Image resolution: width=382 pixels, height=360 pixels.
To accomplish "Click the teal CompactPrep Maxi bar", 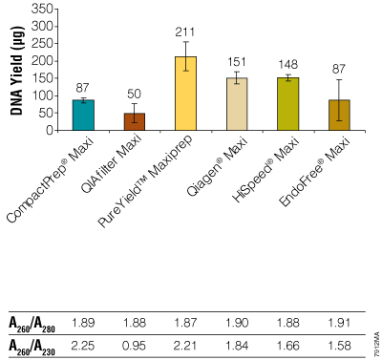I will coord(83,115).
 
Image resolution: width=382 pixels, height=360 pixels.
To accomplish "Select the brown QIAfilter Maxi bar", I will coord(135,121).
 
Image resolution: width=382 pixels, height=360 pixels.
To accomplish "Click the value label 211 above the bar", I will coord(186,32).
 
